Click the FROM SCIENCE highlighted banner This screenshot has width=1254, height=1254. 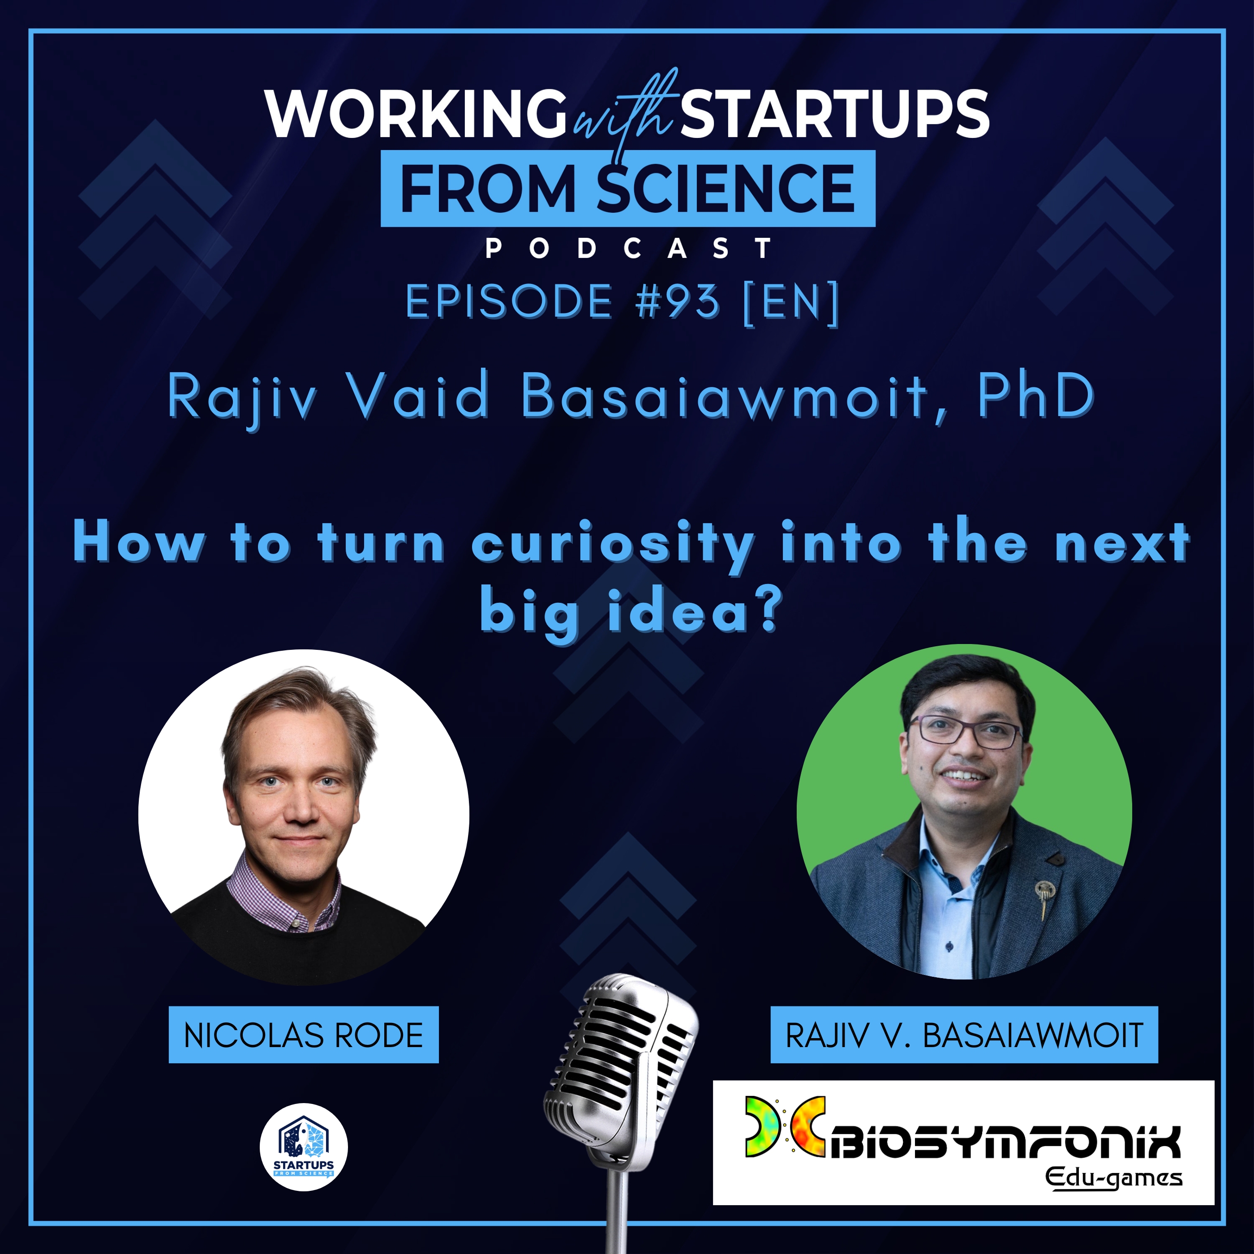click(627, 188)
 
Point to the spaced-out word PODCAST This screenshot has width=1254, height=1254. click(628, 249)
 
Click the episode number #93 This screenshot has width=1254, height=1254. click(678, 302)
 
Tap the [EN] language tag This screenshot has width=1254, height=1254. click(790, 302)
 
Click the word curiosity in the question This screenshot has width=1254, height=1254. click(613, 544)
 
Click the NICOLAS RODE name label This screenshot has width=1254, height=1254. click(303, 1035)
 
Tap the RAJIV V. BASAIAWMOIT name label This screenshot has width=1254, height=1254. click(963, 1035)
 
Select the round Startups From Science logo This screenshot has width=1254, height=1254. click(303, 1147)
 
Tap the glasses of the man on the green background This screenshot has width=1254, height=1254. click(965, 731)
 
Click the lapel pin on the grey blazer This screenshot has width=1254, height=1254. click(1044, 893)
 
